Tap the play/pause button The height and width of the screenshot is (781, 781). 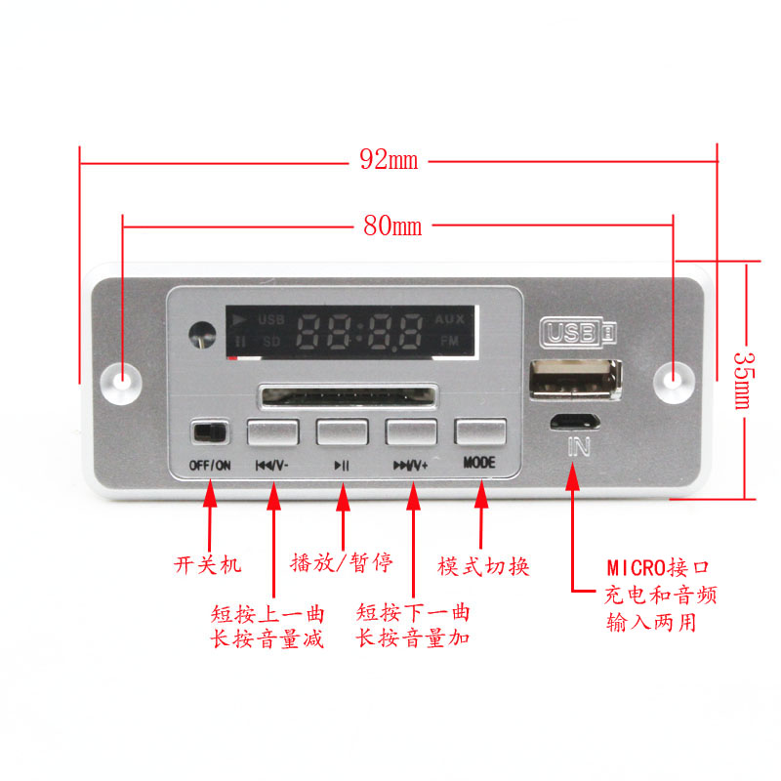342,432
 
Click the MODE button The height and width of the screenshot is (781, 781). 480,432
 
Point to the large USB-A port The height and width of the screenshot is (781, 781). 574,381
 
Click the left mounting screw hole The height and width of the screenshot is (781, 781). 123,379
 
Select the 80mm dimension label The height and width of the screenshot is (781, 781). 392,226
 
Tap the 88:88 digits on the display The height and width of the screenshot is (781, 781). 360,332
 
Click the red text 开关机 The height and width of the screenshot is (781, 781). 207,564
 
